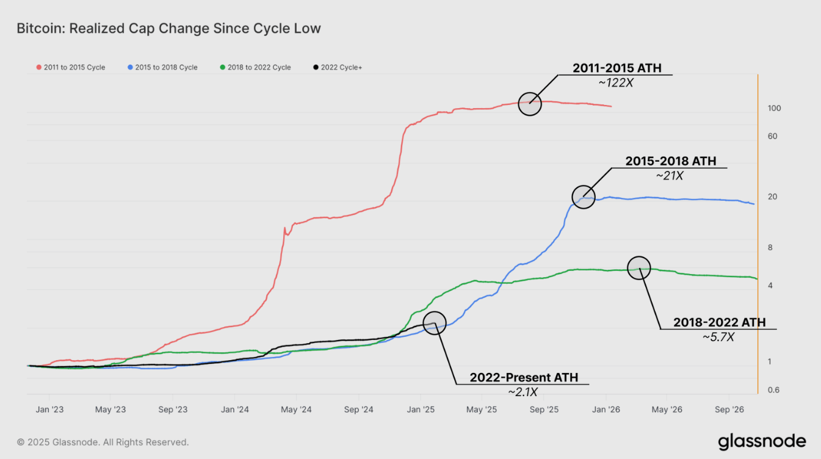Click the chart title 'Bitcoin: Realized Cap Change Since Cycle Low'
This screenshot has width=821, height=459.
pyautogui.click(x=168, y=29)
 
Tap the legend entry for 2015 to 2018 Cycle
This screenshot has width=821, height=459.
pyautogui.click(x=163, y=67)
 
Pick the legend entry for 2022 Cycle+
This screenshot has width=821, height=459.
pyautogui.click(x=338, y=67)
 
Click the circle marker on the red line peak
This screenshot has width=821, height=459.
pyautogui.click(x=530, y=103)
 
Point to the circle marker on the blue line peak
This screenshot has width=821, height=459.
pyautogui.click(x=584, y=197)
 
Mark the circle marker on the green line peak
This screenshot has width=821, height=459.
pyautogui.click(x=639, y=268)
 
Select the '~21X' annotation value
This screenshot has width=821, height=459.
pyautogui.click(x=670, y=175)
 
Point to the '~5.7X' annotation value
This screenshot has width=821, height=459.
pyautogui.click(x=718, y=336)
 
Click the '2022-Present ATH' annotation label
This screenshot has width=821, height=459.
pyautogui.click(x=523, y=377)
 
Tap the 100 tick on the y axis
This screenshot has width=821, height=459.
pyautogui.click(x=775, y=108)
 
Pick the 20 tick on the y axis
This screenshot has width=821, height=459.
pyautogui.click(x=772, y=197)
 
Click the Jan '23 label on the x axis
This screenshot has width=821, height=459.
pyautogui.click(x=50, y=410)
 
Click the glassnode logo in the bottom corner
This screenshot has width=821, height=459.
pyautogui.click(x=761, y=441)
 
